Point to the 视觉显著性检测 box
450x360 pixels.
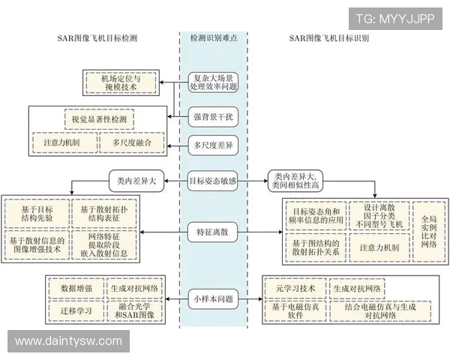[x=99, y=119]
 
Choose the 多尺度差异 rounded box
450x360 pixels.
[x=214, y=144]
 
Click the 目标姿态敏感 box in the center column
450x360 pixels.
[x=214, y=180]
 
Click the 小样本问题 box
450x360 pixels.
[x=214, y=298]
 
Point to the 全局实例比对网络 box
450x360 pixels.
[x=429, y=231]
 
